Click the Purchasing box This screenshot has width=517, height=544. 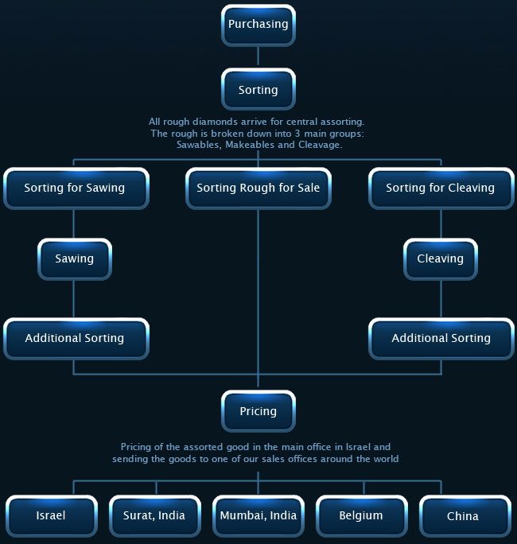(258, 25)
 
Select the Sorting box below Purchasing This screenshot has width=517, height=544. (258, 90)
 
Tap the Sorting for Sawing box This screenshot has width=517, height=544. (76, 188)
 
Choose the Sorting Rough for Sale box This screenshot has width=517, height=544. (258, 188)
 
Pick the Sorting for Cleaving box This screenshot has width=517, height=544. (441, 188)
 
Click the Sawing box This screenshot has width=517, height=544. (75, 259)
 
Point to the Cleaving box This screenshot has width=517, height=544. (441, 259)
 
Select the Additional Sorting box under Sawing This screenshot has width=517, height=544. (76, 339)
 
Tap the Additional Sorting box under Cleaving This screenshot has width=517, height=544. (441, 339)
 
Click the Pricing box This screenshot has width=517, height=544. (258, 411)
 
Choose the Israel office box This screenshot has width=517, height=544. (52, 516)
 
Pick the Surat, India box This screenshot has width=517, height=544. (155, 516)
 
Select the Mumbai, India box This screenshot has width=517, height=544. (258, 516)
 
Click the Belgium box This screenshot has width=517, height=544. (362, 516)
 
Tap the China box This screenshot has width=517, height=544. (465, 516)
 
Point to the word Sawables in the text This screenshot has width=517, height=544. (199, 145)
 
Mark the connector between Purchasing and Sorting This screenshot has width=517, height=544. (258, 56)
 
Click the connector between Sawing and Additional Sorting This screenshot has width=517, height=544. (73, 299)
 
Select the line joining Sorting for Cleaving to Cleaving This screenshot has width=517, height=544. (441, 223)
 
